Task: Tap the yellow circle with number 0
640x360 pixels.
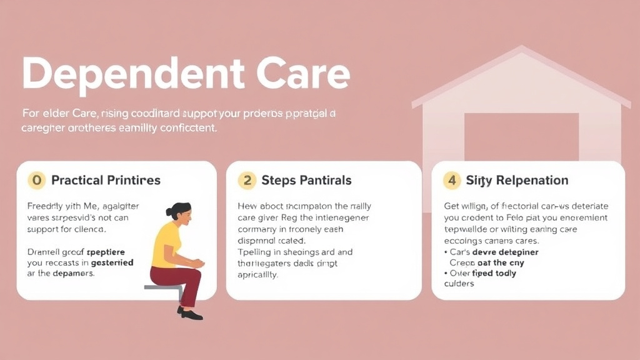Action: tap(37, 181)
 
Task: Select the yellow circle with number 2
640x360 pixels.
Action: tap(247, 181)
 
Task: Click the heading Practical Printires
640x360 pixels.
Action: tap(106, 181)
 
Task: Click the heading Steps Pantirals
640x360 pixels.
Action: tap(306, 181)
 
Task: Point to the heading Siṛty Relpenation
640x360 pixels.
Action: tap(517, 181)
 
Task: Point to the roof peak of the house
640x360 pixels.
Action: tap(521, 50)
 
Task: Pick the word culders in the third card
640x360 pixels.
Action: tap(459, 284)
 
